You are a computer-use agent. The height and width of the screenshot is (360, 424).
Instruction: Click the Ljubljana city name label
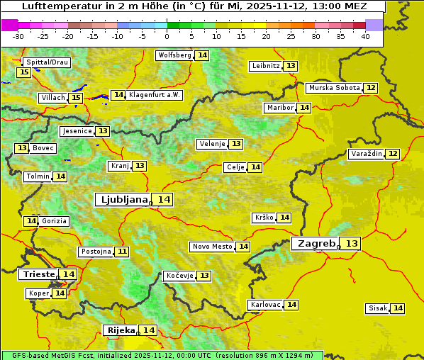pos(122,200)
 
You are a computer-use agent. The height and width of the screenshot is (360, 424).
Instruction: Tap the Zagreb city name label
pos(316,243)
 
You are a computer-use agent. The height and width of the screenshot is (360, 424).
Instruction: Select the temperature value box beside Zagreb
pos(352,243)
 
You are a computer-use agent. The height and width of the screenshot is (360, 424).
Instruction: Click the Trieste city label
pos(38,274)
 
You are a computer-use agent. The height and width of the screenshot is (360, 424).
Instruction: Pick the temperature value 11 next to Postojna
pos(123,252)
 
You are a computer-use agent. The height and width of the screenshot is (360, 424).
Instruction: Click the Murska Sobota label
pos(334,88)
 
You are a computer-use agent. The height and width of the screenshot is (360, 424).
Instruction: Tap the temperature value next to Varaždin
pos(393,154)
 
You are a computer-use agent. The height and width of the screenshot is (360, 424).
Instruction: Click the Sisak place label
pos(377,308)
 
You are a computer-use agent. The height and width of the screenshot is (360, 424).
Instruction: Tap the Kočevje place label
pos(179,276)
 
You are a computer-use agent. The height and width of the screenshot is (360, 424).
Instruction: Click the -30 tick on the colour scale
pos(18,36)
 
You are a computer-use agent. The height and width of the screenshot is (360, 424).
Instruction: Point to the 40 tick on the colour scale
pos(365,36)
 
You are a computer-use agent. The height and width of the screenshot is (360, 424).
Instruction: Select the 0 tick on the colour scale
pos(167,36)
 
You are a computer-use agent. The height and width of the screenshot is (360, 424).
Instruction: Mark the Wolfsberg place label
pos(174,55)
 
